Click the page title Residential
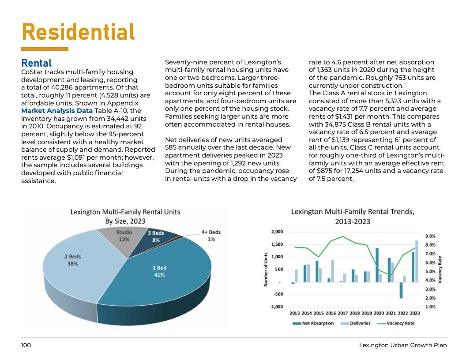click(x=78, y=32)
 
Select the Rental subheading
click(x=37, y=64)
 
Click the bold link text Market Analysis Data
click(x=57, y=110)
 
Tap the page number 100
click(x=26, y=345)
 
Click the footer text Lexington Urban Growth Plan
click(x=403, y=345)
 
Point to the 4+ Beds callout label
click(x=211, y=235)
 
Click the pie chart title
click(x=125, y=217)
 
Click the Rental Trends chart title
click(x=353, y=216)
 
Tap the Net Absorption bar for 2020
click(x=377, y=265)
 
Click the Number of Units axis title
click(x=266, y=269)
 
